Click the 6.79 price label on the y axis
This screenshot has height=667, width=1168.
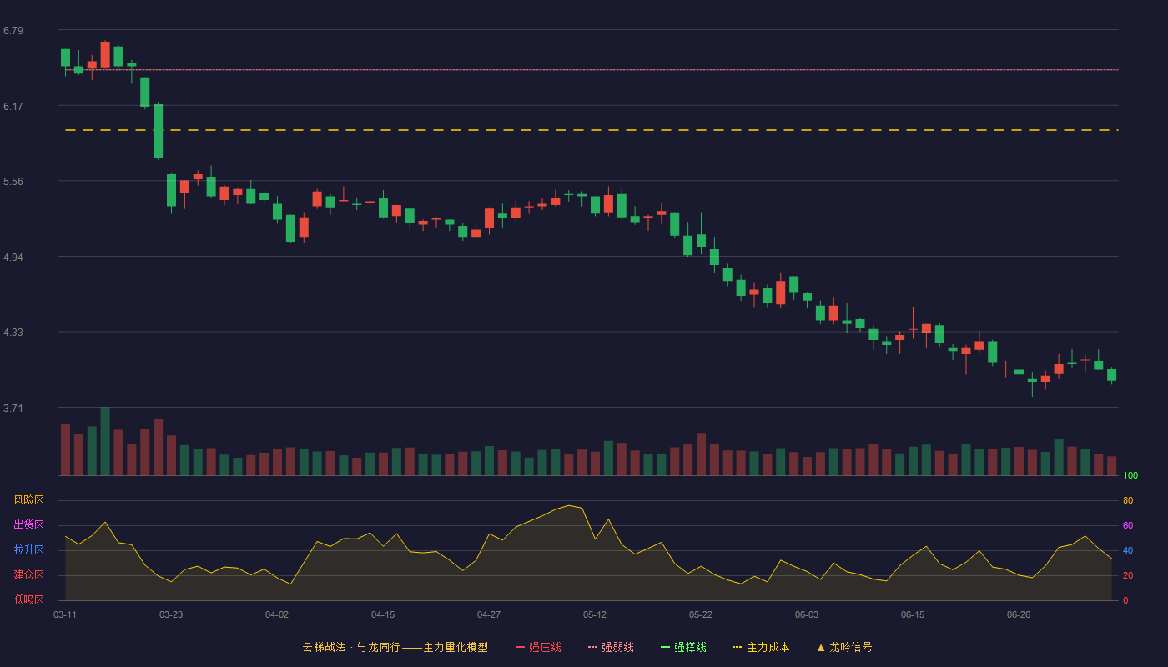click(13, 31)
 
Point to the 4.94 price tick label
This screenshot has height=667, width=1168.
click(13, 258)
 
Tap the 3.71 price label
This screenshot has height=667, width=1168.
click(13, 408)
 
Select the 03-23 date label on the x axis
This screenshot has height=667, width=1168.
click(171, 615)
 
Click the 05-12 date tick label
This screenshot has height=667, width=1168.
click(595, 615)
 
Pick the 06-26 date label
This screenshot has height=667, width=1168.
click(1019, 615)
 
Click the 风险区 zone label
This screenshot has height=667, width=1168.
click(28, 500)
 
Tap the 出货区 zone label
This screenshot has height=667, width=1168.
click(28, 524)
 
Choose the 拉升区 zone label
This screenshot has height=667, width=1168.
click(28, 549)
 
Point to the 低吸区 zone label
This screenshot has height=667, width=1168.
click(28, 599)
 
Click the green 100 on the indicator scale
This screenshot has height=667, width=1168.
click(1130, 475)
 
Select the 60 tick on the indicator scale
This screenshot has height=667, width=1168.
click(1128, 525)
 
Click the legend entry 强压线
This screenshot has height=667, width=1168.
click(539, 647)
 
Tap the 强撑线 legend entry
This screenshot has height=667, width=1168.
click(683, 647)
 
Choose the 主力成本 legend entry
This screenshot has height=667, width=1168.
click(761, 647)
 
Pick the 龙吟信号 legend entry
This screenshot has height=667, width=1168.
click(844, 647)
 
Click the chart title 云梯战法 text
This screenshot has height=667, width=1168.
click(325, 647)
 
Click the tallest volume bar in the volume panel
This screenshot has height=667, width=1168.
click(105, 441)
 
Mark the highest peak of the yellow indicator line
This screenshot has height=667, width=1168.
click(569, 505)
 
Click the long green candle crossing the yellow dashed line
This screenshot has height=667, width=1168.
click(158, 131)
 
